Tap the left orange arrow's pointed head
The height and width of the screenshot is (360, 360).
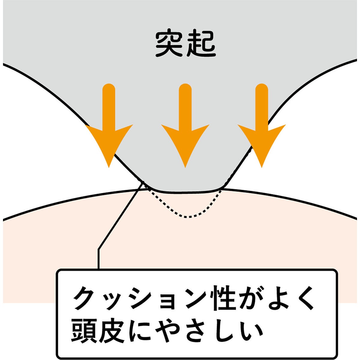(109, 166)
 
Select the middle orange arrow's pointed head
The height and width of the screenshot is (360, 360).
(185, 166)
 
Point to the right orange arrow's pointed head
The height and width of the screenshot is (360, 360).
(262, 166)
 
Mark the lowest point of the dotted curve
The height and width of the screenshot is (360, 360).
(188, 217)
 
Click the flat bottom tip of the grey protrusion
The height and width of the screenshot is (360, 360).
(187, 191)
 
